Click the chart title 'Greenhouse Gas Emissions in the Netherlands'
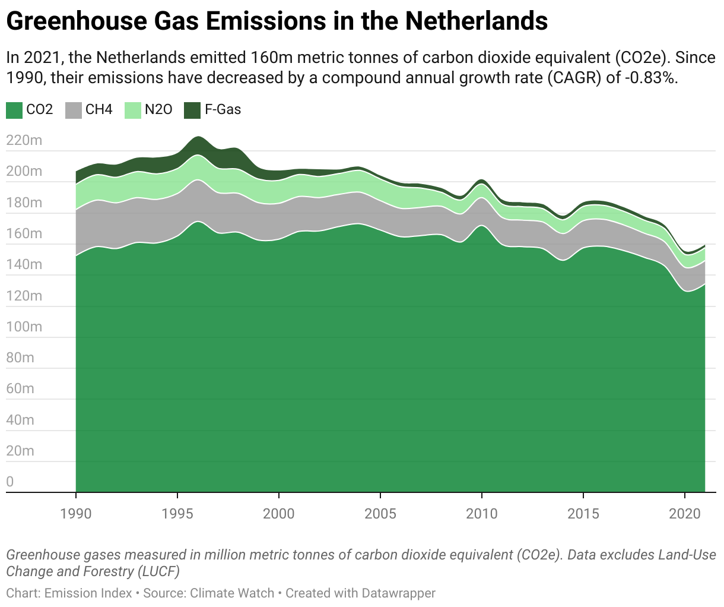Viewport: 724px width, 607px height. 277,22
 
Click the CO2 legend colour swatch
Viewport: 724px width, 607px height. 14,110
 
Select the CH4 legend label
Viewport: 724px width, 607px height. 99,110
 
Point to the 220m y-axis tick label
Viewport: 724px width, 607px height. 24,141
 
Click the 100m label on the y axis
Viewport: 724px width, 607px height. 24,327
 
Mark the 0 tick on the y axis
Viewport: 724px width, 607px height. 10,482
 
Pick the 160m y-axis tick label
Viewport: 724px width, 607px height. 24,233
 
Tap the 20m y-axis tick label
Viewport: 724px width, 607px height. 20,451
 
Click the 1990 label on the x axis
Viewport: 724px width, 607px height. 76,513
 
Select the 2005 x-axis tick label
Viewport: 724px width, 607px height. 380,513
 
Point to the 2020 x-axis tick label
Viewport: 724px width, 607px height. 685,513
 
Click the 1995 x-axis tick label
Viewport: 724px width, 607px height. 177,513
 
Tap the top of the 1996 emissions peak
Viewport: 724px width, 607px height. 198,137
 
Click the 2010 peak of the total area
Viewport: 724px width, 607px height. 481,180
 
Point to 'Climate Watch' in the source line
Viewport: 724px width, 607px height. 232,593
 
